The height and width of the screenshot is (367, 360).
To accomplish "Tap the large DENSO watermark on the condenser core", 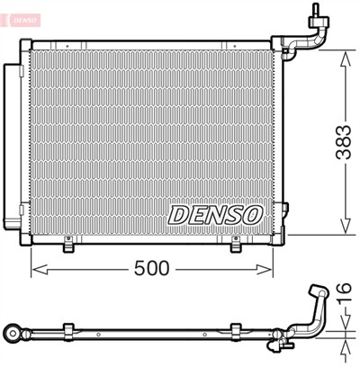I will [214, 215].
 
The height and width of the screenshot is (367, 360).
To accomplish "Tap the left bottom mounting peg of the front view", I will [68, 240].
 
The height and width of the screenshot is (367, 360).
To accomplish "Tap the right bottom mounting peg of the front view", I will [235, 240].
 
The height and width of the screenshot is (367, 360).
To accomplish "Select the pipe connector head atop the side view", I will [316, 291].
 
